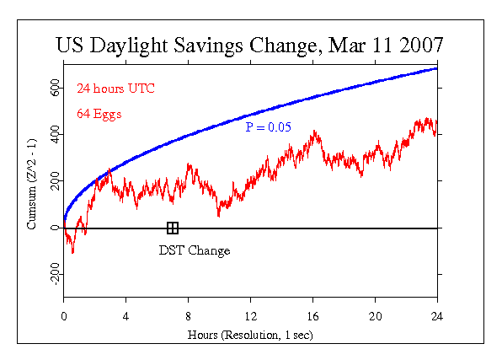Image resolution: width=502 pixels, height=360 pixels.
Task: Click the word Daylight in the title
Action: pyautogui.click(x=128, y=46)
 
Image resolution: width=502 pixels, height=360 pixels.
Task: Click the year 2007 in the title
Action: pyautogui.click(x=421, y=45)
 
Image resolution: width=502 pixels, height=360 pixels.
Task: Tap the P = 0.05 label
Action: pyautogui.click(x=269, y=127)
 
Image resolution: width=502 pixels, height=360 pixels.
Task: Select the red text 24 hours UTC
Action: pyautogui.click(x=116, y=89)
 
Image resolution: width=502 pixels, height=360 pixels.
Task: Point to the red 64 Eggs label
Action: pyautogui.click(x=99, y=114)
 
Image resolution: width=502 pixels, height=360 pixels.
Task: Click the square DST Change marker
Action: pyautogui.click(x=173, y=228)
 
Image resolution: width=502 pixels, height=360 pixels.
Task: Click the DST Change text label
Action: pyautogui.click(x=195, y=250)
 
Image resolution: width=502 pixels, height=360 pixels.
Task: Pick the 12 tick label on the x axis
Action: pyautogui.click(x=251, y=317)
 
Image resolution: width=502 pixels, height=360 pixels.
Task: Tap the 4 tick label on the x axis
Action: pyautogui.click(x=125, y=317)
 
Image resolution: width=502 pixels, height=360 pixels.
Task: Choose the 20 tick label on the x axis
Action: pyautogui.click(x=375, y=317)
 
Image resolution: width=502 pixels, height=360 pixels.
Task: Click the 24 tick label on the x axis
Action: pyautogui.click(x=437, y=317)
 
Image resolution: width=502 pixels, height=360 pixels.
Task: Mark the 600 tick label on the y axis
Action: pyautogui.click(x=55, y=88)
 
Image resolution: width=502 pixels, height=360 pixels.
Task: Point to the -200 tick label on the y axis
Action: pyautogui.click(x=55, y=274)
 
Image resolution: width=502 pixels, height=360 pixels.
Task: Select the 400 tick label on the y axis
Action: pyautogui.click(x=55, y=134)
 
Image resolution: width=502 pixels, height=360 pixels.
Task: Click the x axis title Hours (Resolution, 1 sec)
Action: pyautogui.click(x=250, y=335)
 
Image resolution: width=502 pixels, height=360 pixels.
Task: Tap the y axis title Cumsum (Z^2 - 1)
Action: pyautogui.click(x=32, y=184)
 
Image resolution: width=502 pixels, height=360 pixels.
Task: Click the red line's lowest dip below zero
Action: pyautogui.click(x=72, y=253)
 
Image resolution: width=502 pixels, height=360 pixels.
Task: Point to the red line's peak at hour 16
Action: pyautogui.click(x=314, y=132)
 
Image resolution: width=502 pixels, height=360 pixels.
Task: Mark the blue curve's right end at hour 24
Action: pyautogui.click(x=436, y=68)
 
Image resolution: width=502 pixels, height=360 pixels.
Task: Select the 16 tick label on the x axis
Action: pyautogui.click(x=312, y=317)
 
